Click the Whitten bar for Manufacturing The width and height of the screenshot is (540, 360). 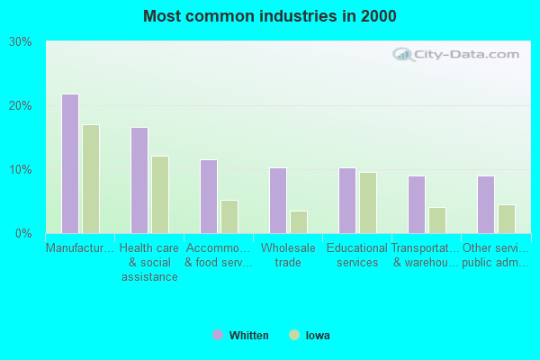coord(69,164)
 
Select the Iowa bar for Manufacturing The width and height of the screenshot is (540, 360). coord(91,179)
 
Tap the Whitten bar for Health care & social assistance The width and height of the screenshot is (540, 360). coord(139,180)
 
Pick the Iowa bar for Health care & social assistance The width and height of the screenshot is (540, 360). coord(160,194)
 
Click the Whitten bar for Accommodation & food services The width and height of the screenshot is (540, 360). coord(208,196)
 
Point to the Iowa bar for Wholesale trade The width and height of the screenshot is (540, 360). coord(299,222)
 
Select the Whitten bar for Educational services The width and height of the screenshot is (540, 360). coord(346,201)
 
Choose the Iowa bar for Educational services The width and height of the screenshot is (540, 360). coord(368,202)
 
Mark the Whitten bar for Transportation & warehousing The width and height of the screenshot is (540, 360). coord(416,204)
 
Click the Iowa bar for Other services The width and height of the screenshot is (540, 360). coord(507,219)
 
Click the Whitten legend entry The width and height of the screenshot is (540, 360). coord(240,336)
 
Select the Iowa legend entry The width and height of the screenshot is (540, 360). coord(310,336)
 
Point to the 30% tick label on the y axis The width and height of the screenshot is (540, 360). coord(21,42)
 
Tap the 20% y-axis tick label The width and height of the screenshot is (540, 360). coord(21,106)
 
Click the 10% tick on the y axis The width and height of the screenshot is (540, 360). coord(21,170)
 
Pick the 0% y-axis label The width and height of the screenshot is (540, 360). coord(23,234)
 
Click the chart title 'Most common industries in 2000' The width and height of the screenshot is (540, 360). coord(269,16)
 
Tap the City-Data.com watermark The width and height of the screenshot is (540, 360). coord(456,54)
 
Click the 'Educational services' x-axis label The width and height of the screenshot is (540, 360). coord(356,255)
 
